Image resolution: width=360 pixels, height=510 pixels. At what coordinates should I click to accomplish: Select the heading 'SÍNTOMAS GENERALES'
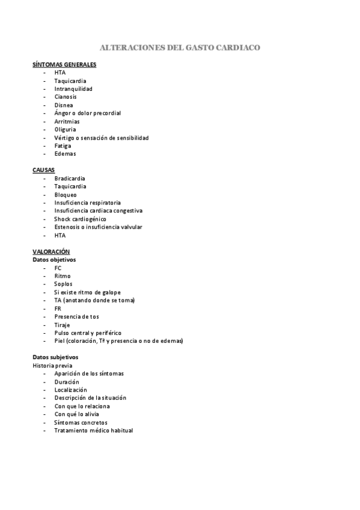coord(64,64)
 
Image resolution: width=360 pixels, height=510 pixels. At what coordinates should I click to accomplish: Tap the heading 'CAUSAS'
coord(43,170)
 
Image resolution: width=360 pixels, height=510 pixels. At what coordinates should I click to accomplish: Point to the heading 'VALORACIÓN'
coord(51,251)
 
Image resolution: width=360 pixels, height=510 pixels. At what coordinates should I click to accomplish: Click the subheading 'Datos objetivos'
coord(54,260)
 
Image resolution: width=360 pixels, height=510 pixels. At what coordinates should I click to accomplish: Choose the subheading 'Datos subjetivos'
coord(55,357)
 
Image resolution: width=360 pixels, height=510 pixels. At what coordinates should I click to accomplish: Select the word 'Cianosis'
coord(66,97)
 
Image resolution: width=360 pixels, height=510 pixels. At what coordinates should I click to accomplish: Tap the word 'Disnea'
coord(64,105)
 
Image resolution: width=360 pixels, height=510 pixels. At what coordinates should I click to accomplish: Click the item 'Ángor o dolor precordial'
coord(87,113)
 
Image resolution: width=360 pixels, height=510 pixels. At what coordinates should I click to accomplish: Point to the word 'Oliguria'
coord(65,129)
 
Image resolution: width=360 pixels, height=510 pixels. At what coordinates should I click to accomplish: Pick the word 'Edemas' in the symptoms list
coord(65,154)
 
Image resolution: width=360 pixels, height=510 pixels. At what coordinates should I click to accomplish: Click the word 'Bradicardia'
coord(70,179)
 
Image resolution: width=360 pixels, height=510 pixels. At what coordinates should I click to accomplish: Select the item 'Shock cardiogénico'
coord(80,219)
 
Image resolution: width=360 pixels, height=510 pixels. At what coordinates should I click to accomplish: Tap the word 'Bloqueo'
coord(66,195)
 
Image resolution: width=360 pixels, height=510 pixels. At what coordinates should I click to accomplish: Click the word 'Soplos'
coord(63,284)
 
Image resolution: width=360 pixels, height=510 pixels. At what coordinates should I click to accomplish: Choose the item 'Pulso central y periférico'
coord(88,333)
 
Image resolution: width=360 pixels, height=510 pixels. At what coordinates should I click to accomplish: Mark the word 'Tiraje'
coord(62,325)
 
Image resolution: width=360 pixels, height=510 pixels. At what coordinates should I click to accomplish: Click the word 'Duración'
coord(66,382)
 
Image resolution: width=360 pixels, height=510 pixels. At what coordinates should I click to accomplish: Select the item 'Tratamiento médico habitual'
coord(93,431)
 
